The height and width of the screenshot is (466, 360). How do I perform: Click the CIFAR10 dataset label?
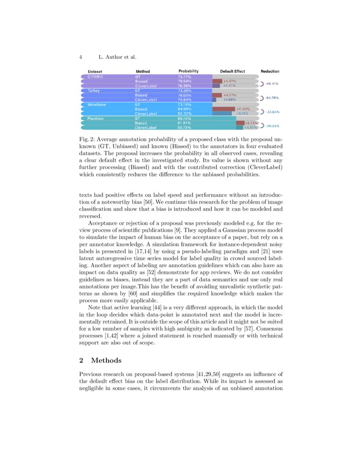[x=95, y=77]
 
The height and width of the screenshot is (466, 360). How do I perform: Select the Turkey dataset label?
[x=94, y=91]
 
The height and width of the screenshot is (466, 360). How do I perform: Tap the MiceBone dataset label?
[x=97, y=104]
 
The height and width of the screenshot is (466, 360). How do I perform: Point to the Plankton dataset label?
[x=95, y=119]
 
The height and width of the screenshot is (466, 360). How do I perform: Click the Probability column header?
[x=188, y=71]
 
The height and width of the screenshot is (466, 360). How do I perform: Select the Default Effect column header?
[x=233, y=71]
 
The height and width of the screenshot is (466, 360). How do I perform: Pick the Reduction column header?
[x=270, y=71]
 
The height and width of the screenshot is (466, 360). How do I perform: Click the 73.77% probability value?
[x=185, y=77]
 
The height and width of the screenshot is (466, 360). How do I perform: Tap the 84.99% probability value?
[x=185, y=109]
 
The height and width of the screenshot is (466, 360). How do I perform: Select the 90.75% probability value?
[x=185, y=128]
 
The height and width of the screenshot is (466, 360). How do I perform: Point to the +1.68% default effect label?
[x=230, y=100]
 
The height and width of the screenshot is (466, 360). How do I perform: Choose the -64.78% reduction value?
[x=271, y=98]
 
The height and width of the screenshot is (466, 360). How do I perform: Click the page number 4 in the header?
[x=80, y=57]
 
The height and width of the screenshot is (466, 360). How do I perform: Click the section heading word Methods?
[x=106, y=361]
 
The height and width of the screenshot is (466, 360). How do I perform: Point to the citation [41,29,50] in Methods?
[x=208, y=374]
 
